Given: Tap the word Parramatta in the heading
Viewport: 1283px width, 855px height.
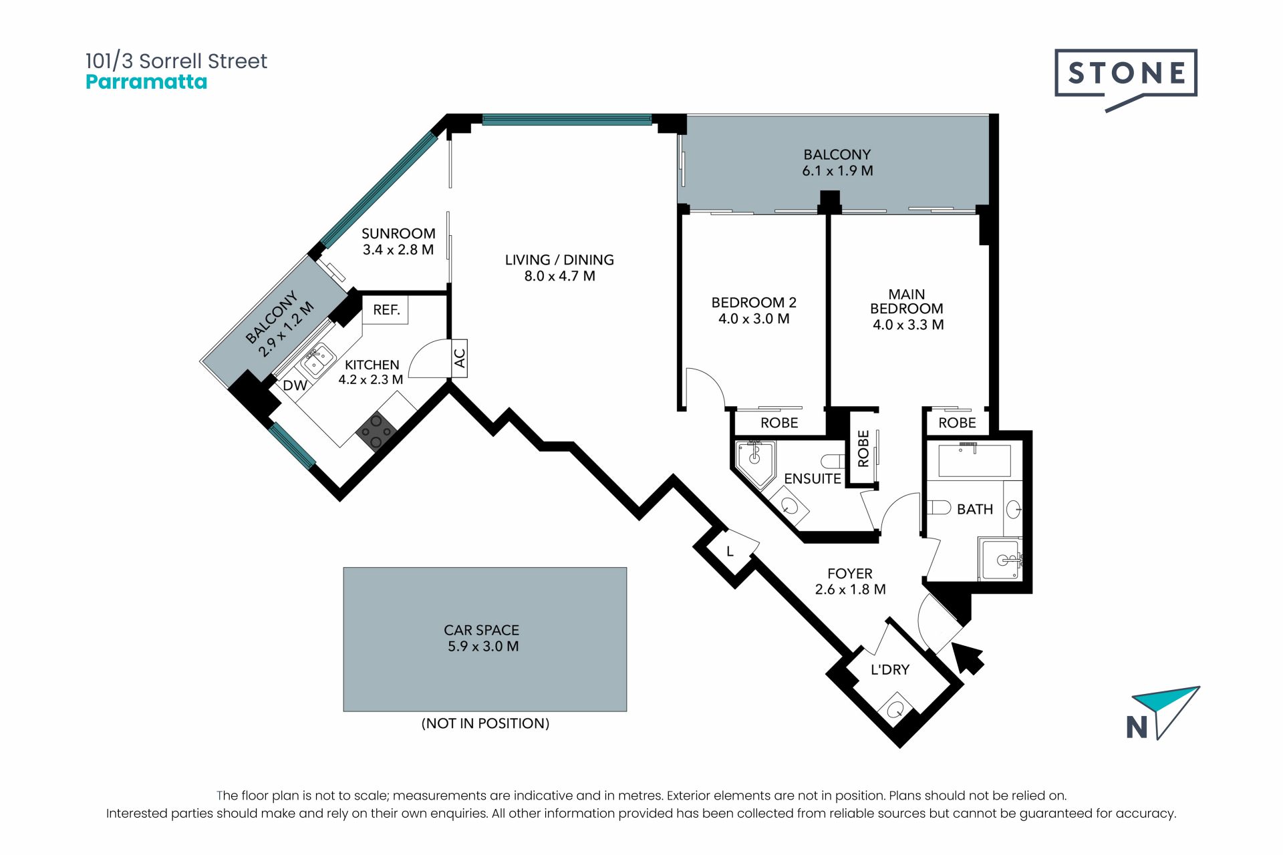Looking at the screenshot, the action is (x=146, y=82).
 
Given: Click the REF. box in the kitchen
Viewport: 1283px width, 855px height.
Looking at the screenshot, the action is (x=386, y=310).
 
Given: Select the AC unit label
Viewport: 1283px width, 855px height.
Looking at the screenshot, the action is (x=459, y=359).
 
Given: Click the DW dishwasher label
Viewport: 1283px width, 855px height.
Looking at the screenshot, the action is (x=295, y=385).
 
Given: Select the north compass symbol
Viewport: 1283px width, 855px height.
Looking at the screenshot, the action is (x=1163, y=713).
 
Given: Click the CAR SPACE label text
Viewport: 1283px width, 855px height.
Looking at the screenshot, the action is (x=481, y=630).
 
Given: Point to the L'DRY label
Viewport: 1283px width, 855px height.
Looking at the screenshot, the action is (x=890, y=669).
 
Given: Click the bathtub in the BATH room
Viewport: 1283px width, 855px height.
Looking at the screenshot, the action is (x=974, y=459).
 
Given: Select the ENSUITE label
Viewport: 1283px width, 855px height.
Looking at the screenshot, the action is (x=812, y=478).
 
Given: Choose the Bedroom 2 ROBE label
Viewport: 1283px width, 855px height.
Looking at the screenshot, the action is (x=779, y=423).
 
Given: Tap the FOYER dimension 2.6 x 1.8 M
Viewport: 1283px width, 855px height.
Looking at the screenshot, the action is (x=850, y=589).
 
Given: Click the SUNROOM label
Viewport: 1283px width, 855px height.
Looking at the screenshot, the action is (x=398, y=233).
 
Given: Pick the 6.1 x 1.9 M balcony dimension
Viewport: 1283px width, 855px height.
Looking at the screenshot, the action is (x=837, y=170).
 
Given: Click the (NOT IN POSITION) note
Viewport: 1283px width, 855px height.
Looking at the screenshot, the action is (x=485, y=723).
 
